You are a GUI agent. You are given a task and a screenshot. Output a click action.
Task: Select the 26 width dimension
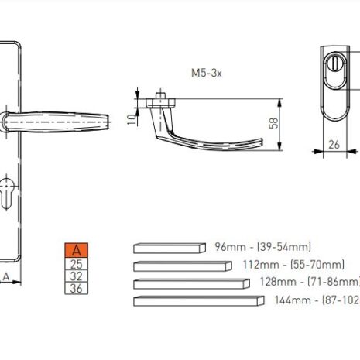334,143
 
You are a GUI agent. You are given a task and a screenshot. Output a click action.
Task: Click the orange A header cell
77,250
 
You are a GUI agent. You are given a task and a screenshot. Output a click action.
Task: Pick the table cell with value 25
77,263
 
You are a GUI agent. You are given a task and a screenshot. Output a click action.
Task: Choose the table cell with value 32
77,276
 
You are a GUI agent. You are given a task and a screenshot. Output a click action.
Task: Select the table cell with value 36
77,288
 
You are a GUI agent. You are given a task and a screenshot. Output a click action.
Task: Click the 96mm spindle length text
263,247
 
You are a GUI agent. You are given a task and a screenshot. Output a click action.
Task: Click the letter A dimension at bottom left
6,276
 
